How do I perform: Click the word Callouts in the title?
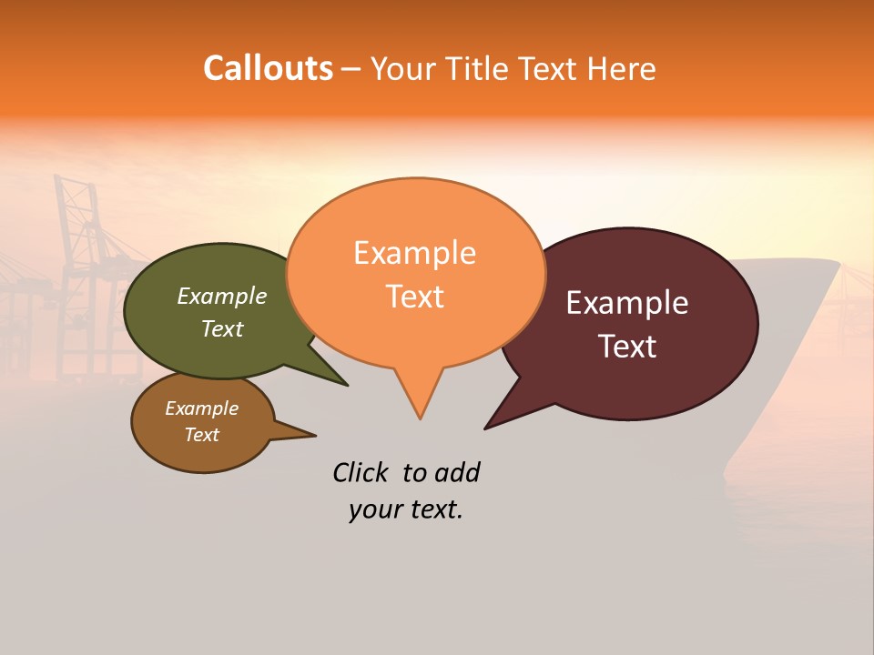(268, 68)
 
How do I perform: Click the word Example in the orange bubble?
(414, 253)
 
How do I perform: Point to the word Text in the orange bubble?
(414, 297)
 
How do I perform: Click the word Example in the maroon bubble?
(626, 303)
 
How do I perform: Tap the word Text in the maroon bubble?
(627, 347)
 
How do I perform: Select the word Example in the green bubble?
(221, 297)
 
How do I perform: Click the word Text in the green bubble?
(221, 328)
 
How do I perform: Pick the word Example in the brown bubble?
(201, 408)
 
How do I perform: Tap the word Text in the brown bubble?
(201, 435)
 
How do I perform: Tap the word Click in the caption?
(361, 472)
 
